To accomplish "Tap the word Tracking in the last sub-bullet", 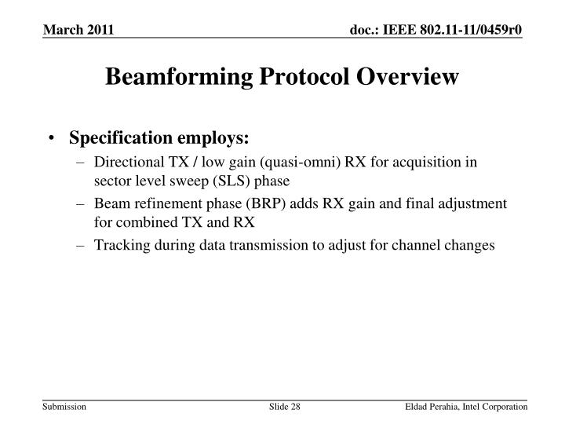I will (x=118, y=245).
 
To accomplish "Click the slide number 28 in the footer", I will (x=295, y=404).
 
